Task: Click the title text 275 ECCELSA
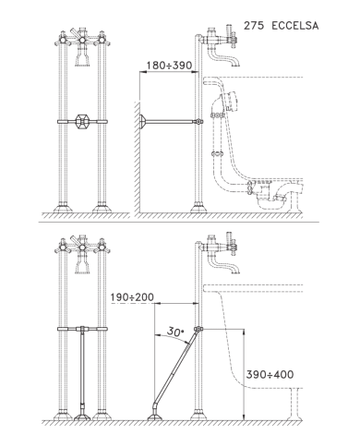tap(281, 26)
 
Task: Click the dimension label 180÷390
tap(169, 66)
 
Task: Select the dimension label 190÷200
tap(132, 297)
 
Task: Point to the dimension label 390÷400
tap(270, 375)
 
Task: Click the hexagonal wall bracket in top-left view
tap(82, 122)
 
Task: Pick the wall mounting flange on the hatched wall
tap(142, 122)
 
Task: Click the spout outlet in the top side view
tap(235, 64)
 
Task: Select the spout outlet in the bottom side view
tap(235, 271)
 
